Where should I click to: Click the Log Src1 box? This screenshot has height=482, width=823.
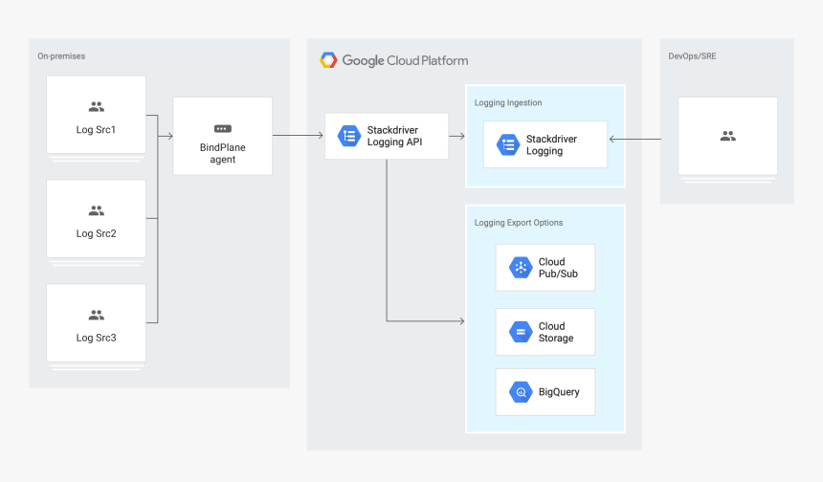click(97, 115)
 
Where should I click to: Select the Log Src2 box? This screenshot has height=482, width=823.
click(97, 219)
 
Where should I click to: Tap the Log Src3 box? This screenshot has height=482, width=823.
click(97, 323)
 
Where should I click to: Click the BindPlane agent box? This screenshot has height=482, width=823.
click(223, 136)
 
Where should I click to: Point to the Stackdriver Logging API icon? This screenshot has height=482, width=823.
click(349, 136)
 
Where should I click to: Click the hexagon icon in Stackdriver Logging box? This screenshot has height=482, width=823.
click(507, 144)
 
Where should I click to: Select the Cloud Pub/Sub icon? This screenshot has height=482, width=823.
click(521, 268)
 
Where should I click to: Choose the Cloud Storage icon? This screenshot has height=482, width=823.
click(521, 332)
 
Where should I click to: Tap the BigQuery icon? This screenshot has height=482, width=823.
click(521, 392)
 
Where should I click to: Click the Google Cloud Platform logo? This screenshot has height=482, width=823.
click(328, 60)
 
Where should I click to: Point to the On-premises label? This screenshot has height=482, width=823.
click(61, 56)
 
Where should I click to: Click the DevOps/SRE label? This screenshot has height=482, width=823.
click(692, 56)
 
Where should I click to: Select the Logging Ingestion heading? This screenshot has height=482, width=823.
click(508, 102)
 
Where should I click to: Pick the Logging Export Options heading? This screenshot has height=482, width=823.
click(519, 223)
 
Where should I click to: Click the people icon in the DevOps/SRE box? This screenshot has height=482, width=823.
click(727, 137)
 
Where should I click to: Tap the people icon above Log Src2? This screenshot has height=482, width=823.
click(97, 210)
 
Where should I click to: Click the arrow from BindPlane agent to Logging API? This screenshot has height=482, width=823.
click(298, 136)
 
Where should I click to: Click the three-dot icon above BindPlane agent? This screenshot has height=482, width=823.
click(223, 128)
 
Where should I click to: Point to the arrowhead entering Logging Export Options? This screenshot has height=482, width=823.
click(460, 321)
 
